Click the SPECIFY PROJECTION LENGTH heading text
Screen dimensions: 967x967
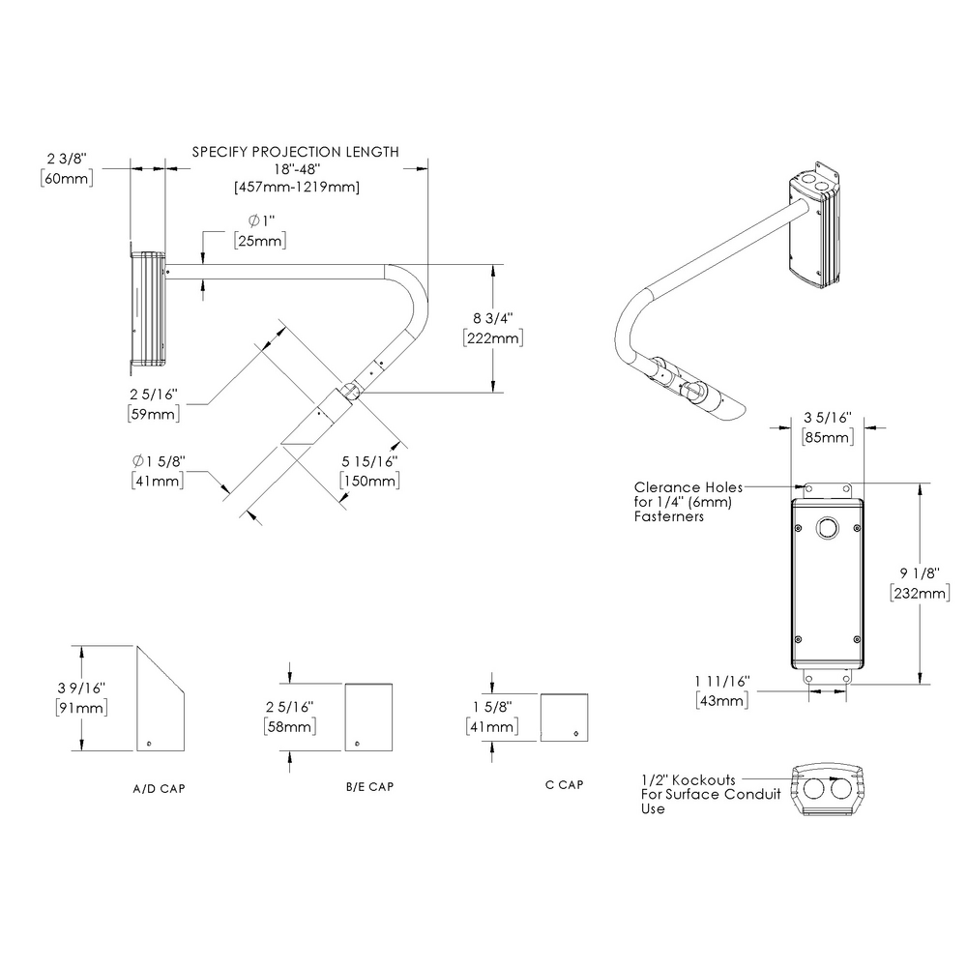(x=295, y=152)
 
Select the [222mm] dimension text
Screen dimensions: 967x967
(x=493, y=338)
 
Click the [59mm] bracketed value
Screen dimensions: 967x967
(x=152, y=414)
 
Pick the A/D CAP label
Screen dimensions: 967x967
(x=159, y=789)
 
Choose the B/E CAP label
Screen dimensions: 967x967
(x=369, y=786)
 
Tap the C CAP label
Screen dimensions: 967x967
(x=564, y=784)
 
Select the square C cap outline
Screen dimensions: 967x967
(x=565, y=718)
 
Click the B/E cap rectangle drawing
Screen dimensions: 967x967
(x=368, y=717)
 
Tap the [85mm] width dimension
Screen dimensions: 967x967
(x=828, y=438)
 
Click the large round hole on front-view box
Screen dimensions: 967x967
(x=827, y=528)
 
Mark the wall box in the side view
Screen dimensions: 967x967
(x=148, y=311)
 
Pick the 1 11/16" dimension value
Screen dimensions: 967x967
(x=721, y=682)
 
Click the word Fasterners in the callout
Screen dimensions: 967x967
(x=669, y=517)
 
